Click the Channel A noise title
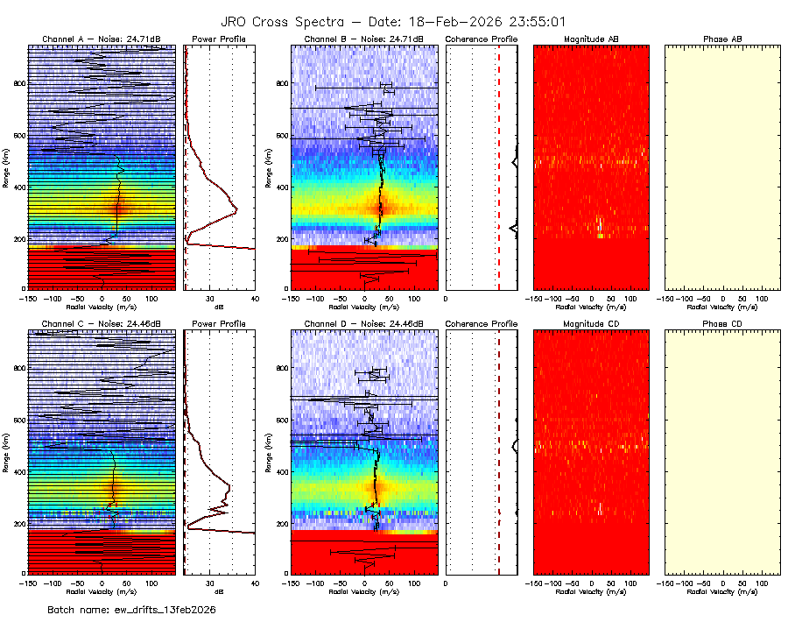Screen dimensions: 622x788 click(x=102, y=39)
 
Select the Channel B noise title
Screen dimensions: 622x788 click(x=364, y=39)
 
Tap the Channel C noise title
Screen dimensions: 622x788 click(x=102, y=324)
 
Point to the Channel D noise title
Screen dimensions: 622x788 click(x=364, y=324)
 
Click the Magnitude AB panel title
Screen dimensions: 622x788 click(x=592, y=39)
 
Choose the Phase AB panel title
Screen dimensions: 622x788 click(x=723, y=39)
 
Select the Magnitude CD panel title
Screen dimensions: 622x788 click(x=592, y=324)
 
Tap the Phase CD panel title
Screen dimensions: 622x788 click(x=723, y=324)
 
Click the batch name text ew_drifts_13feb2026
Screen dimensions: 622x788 click(x=131, y=609)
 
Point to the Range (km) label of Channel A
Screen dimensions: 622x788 click(x=6, y=171)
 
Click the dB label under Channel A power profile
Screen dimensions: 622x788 click(x=219, y=307)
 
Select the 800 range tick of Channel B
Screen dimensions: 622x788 click(x=282, y=83)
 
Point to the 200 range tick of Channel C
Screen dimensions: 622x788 click(x=20, y=523)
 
